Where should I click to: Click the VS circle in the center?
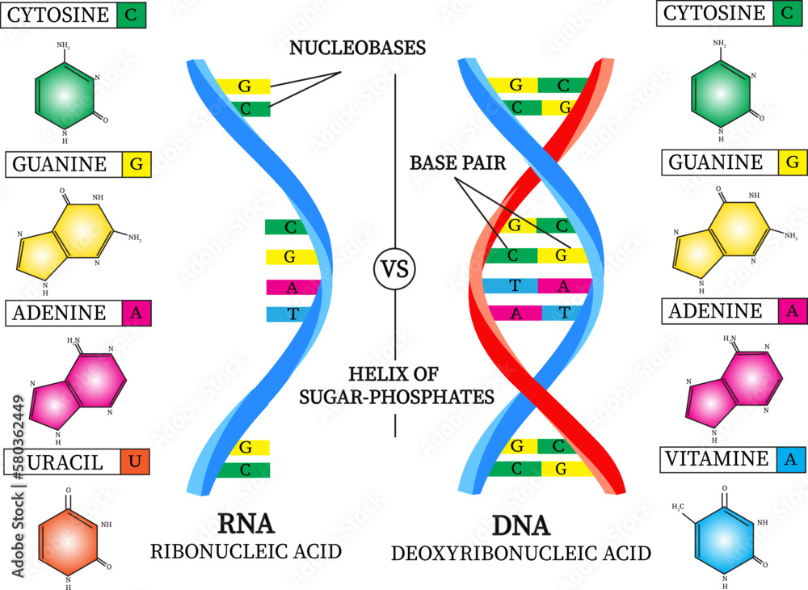click(x=395, y=269)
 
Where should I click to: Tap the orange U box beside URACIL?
click(x=133, y=462)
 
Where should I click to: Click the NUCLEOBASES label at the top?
click(x=358, y=48)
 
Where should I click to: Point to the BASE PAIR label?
click(x=457, y=162)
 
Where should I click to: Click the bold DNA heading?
click(x=521, y=526)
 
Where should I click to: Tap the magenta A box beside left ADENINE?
click(x=136, y=314)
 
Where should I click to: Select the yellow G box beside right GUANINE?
click(x=792, y=163)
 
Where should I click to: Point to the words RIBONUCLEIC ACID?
click(x=246, y=552)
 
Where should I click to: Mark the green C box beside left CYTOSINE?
click(x=131, y=14)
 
